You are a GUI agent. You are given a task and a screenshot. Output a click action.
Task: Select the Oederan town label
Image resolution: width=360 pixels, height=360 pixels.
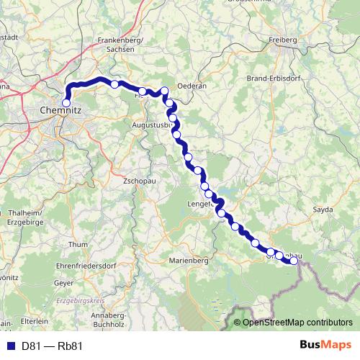(x=192, y=85)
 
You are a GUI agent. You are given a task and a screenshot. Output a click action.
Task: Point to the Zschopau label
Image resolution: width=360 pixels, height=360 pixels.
(x=140, y=180)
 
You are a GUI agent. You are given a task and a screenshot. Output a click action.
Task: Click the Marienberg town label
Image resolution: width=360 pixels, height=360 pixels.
(x=189, y=260)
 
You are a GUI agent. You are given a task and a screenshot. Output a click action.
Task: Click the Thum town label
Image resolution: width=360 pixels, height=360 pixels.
(x=77, y=245)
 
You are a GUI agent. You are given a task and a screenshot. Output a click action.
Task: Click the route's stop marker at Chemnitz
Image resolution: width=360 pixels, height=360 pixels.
(x=66, y=103)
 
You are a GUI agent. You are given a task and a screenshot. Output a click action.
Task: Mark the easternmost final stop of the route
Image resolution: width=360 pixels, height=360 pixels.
(x=294, y=261)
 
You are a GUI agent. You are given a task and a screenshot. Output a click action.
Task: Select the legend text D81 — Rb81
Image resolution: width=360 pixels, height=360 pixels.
(x=52, y=346)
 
